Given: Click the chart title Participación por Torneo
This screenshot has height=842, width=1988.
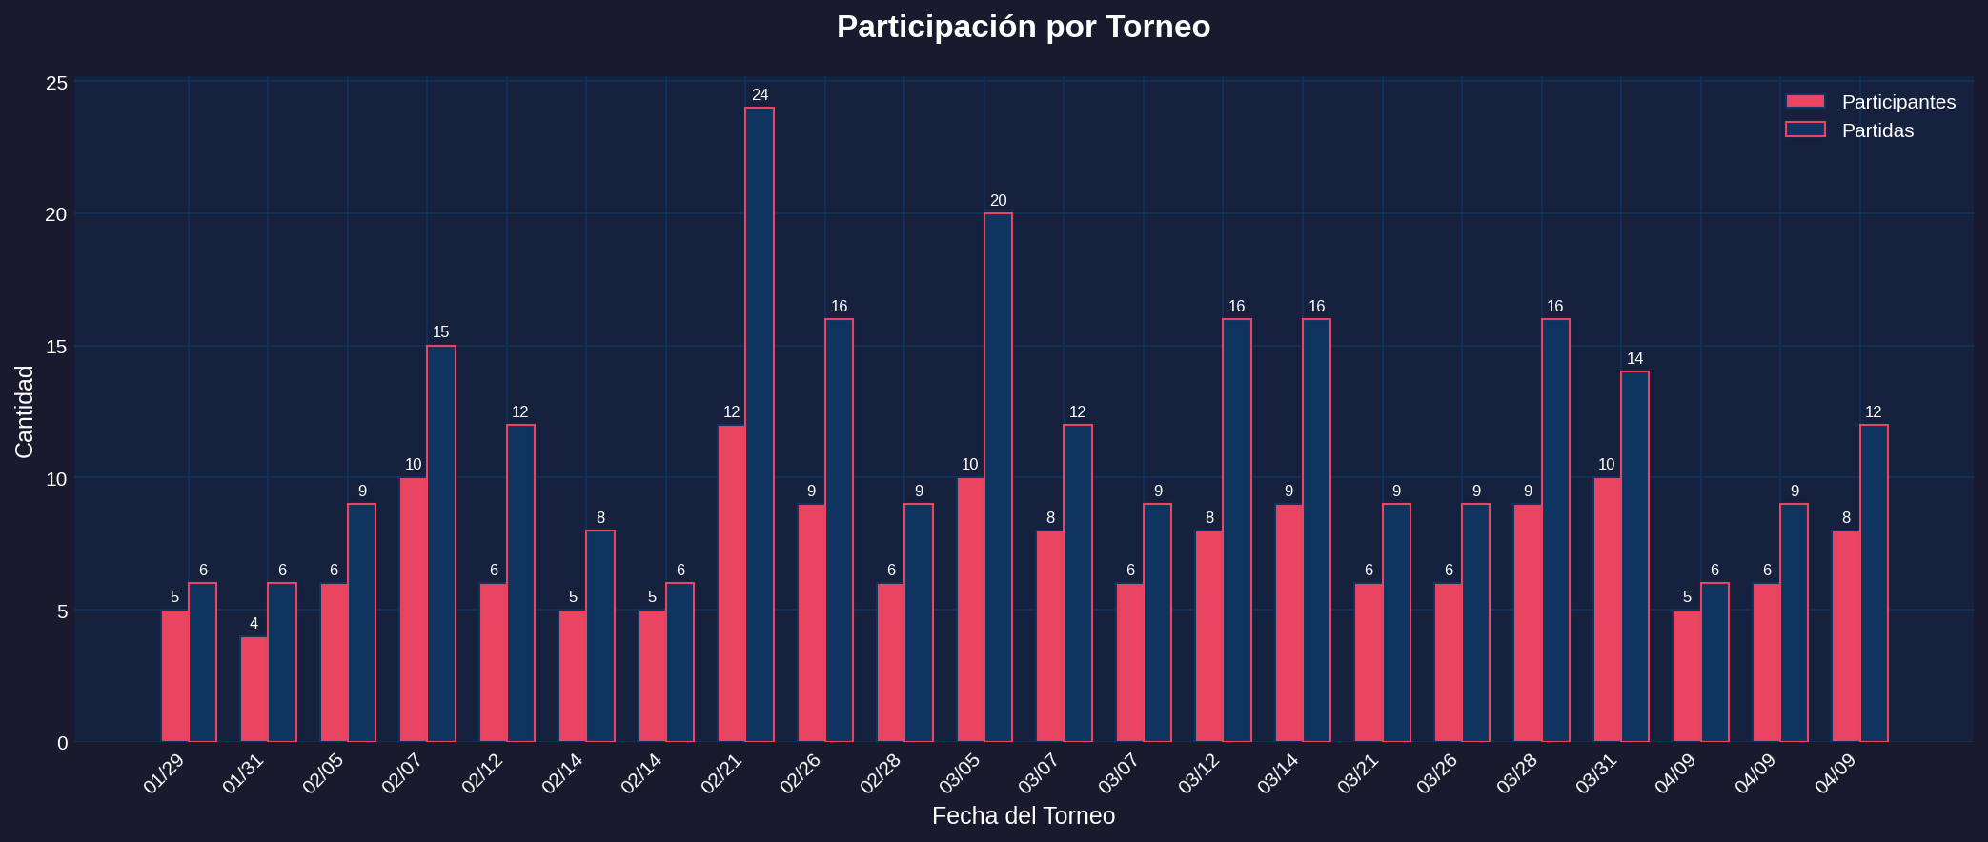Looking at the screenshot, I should [x=1023, y=27].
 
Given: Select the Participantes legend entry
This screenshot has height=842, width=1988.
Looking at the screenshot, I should [x=1897, y=102].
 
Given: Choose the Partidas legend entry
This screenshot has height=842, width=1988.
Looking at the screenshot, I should [x=1876, y=130].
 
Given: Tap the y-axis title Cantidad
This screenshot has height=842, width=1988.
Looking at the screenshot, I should [x=25, y=411].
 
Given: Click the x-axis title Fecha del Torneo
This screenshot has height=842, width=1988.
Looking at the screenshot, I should [x=1023, y=816].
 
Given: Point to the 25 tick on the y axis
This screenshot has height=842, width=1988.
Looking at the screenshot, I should [x=56, y=83].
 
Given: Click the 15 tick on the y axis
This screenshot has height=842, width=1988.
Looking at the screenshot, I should [x=56, y=347].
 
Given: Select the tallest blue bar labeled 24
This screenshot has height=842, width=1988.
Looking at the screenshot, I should [x=760, y=424].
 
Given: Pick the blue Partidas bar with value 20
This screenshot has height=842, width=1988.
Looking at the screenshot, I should [x=998, y=476].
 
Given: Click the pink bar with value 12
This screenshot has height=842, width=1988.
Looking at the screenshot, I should [x=732, y=583].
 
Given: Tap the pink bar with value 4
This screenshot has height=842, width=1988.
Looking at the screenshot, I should [x=254, y=689].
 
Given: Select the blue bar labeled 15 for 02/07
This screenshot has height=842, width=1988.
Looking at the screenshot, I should [x=441, y=543].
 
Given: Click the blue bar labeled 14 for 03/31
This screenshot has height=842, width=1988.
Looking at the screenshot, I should [x=1634, y=556].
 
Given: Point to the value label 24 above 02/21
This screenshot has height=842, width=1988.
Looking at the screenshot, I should [x=760, y=95].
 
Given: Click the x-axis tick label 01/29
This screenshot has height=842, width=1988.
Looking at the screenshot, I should [x=164, y=773].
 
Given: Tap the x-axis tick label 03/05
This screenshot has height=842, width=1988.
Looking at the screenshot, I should [x=960, y=773].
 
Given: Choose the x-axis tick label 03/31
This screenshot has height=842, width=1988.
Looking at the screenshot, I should [x=1596, y=773].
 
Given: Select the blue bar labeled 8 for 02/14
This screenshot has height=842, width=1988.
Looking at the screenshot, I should [x=600, y=635].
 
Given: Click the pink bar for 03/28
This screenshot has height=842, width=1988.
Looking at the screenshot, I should [x=1528, y=623].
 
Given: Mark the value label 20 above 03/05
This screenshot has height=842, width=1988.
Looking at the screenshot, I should [x=998, y=201].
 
